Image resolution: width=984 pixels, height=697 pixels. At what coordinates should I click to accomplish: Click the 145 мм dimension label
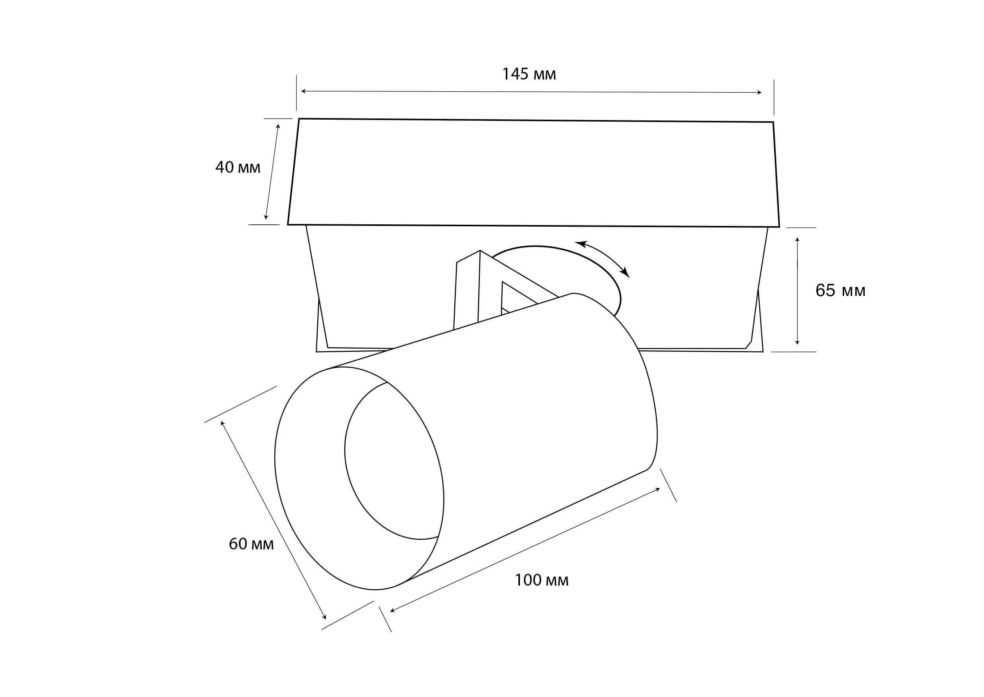click(x=529, y=74)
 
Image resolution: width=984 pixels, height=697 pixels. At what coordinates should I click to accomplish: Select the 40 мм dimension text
click(x=237, y=167)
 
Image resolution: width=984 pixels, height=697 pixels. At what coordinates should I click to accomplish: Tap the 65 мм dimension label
click(x=840, y=290)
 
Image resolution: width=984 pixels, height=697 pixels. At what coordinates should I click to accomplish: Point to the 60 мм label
click(x=251, y=544)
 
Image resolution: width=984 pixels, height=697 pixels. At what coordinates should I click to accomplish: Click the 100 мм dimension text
click(x=541, y=580)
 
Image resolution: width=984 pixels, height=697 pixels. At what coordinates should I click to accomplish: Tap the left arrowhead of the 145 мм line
click(x=303, y=91)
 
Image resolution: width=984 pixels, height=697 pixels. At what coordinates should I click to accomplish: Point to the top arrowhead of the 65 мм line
click(x=797, y=239)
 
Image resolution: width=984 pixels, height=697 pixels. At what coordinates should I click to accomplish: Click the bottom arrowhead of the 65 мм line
click(x=797, y=342)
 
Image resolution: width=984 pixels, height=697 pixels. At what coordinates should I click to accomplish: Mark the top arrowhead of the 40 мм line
click(x=278, y=126)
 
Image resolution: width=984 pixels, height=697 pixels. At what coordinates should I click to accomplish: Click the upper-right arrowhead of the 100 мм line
click(x=657, y=489)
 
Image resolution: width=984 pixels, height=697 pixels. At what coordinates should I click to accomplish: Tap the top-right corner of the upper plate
click(x=773, y=122)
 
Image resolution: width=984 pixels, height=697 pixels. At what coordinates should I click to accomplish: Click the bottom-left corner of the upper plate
click(x=288, y=224)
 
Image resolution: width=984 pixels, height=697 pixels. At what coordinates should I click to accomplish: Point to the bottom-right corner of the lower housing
click(x=762, y=351)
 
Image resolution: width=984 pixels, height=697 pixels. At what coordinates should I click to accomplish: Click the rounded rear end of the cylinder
click(x=644, y=378)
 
